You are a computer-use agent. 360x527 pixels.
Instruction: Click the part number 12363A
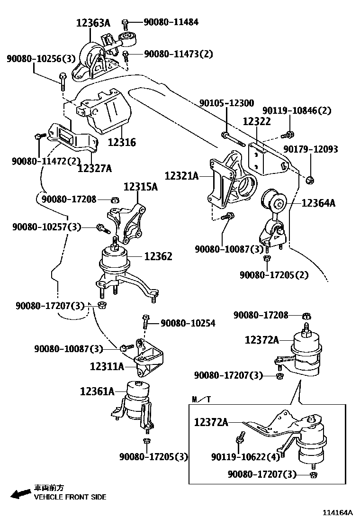93,22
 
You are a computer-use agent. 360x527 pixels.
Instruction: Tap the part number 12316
122,142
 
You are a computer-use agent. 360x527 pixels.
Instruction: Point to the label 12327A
95,168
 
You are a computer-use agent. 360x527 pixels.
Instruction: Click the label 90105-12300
226,103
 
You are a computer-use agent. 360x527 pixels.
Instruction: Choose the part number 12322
257,121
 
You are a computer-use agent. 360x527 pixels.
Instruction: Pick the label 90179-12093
311,149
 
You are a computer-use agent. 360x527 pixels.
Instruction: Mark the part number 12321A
181,176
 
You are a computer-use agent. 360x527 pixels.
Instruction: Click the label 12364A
318,203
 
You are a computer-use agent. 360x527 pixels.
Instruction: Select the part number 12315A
141,187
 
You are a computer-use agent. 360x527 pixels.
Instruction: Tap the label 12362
158,256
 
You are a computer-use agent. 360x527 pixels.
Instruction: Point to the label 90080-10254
188,323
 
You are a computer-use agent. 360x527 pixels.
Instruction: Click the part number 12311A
107,366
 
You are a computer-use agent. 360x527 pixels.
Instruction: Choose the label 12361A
98,391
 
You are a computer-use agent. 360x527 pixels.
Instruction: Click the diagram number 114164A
338,513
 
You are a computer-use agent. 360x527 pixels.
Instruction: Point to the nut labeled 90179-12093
310,179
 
